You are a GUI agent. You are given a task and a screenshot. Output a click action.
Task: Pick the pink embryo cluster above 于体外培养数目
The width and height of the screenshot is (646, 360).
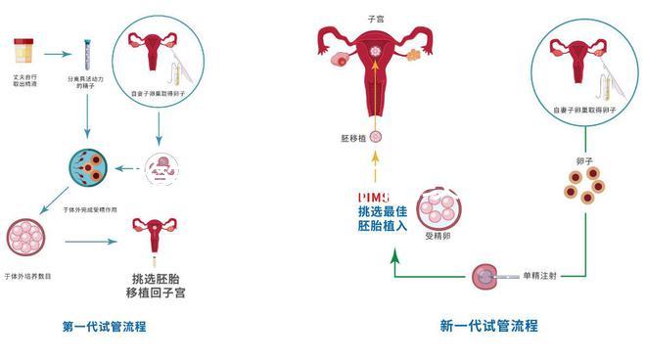(26, 239)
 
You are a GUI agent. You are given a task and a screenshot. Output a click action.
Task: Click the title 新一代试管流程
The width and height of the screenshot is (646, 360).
(488, 326)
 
